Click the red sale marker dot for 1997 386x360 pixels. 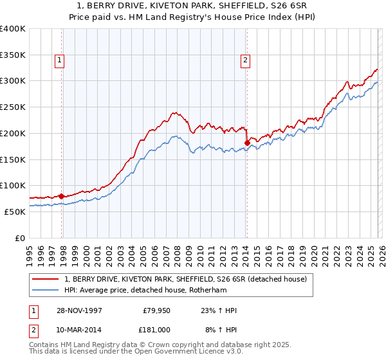(x=62, y=196)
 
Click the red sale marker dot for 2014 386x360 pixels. (x=246, y=143)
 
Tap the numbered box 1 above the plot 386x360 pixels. (x=59, y=61)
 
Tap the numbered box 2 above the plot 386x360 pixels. (x=245, y=61)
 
